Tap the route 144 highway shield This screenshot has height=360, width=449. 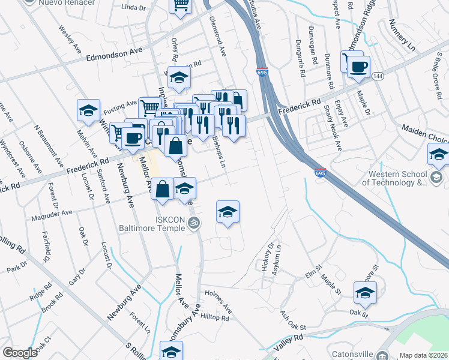click(378, 76)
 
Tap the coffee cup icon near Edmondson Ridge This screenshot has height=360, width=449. click(358, 67)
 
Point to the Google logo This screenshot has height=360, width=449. click(20, 353)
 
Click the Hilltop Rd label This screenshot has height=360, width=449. click(215, 318)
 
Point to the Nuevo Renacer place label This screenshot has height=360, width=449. click(68, 3)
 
